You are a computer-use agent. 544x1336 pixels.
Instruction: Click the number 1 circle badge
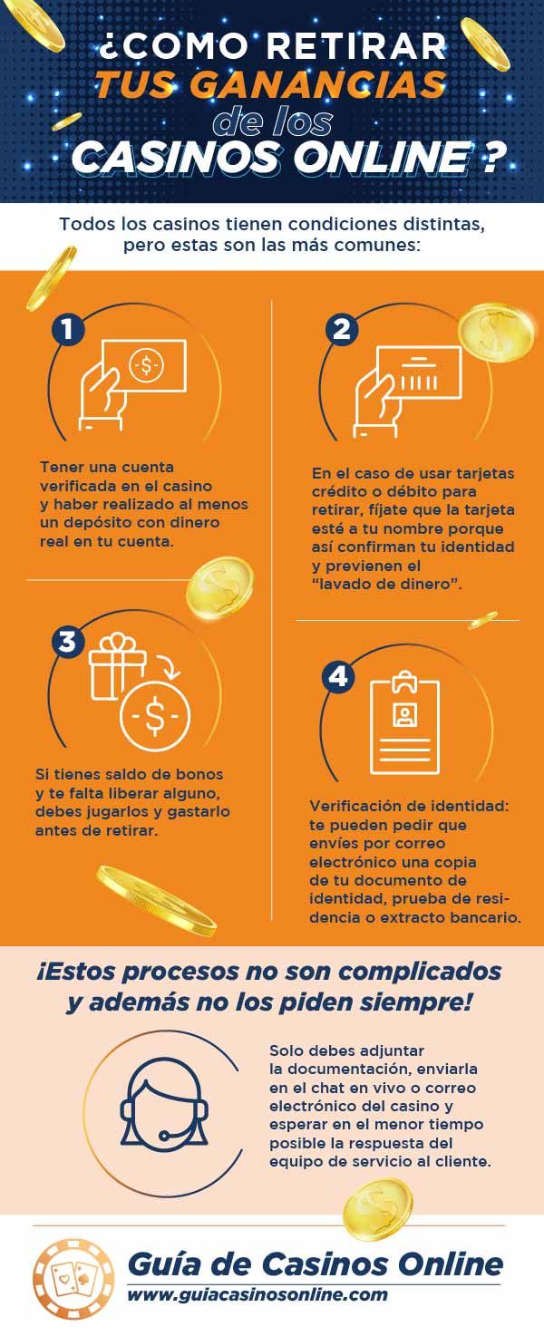tap(68, 329)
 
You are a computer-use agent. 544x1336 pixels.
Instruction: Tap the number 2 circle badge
tap(342, 329)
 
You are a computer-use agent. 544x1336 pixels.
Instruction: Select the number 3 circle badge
tap(68, 641)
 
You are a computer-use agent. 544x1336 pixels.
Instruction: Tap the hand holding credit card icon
tap(403, 381)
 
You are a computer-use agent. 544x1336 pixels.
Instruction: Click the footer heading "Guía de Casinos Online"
tap(314, 1263)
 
